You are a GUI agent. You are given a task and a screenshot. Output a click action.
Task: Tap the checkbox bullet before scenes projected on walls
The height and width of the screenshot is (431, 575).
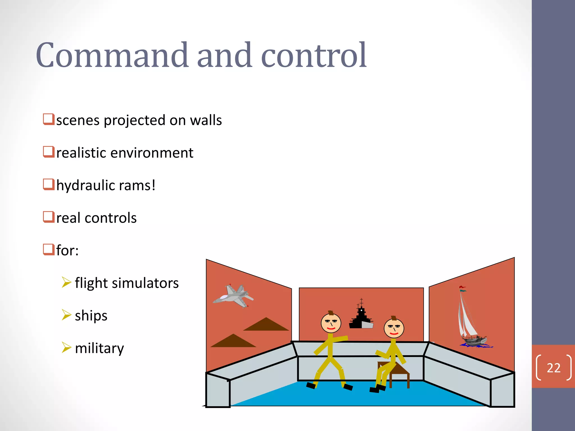[x=49, y=119]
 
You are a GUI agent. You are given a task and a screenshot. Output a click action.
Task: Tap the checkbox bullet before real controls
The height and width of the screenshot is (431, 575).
[x=49, y=217]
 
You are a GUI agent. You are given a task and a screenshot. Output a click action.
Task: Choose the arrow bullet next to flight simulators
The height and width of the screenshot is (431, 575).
[x=67, y=282]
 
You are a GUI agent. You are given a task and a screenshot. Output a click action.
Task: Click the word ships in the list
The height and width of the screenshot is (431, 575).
[x=91, y=316]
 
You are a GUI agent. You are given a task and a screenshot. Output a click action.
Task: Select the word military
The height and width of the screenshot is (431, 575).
[x=99, y=348]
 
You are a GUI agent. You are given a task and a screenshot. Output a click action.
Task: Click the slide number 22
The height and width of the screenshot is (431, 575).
[x=553, y=368]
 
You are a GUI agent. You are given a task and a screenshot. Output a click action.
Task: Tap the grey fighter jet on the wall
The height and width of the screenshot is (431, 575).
[x=233, y=297]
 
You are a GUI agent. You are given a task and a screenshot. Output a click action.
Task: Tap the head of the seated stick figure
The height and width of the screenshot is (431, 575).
[x=394, y=328]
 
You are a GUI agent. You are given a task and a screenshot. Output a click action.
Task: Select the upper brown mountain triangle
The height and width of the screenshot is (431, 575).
[x=266, y=325]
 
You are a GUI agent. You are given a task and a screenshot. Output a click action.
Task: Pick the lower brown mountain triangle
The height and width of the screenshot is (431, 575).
[x=233, y=341]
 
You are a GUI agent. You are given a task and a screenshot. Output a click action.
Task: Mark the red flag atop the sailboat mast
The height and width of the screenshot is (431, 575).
[x=462, y=287]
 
